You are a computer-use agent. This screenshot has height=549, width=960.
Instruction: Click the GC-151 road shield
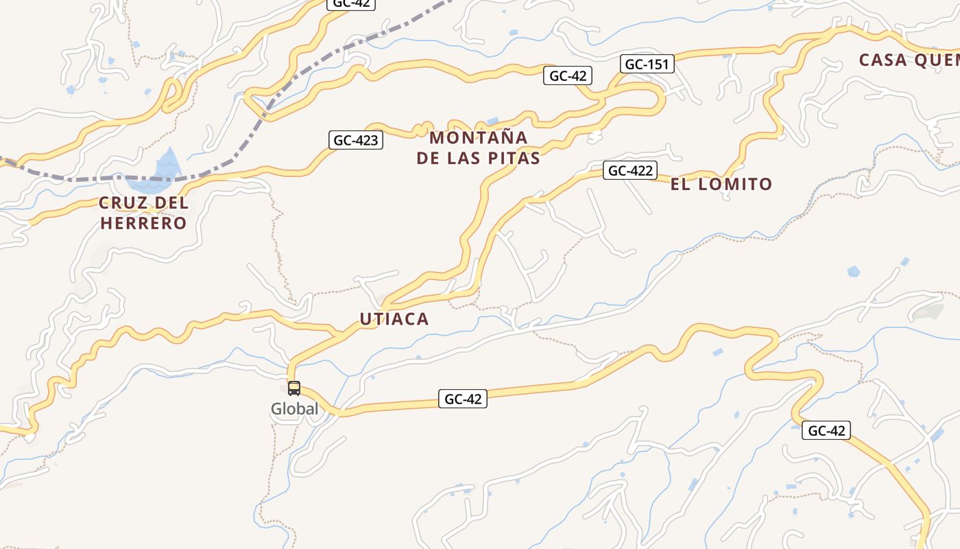point(648,65)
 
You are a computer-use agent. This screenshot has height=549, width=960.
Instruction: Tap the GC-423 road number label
point(355,141)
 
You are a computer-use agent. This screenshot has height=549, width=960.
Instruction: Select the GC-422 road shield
point(630,170)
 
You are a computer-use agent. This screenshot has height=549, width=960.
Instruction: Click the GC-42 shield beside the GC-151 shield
point(567,76)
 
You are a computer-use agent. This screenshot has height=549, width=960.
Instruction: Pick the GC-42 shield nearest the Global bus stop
point(463,399)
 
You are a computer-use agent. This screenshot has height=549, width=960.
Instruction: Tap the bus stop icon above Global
point(294,388)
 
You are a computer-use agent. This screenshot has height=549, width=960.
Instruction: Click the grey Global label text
point(295,409)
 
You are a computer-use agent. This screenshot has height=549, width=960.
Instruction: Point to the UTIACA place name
point(394,318)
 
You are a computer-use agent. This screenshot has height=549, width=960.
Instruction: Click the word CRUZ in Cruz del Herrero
point(123,203)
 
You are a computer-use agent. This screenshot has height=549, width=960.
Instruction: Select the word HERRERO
point(143,223)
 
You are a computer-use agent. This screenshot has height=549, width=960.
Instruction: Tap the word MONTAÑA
point(479,137)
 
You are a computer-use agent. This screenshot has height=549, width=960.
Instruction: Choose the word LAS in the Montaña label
point(464,158)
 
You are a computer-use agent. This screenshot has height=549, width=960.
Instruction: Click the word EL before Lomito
point(680,184)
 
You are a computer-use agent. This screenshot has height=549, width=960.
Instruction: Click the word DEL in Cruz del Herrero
point(171,203)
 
